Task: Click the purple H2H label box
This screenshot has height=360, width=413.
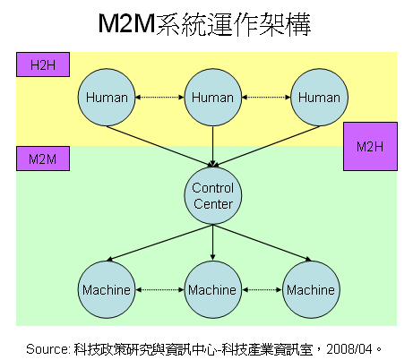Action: (x=43, y=64)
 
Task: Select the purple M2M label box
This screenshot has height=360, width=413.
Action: (x=43, y=159)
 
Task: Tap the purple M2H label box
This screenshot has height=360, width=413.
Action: (x=370, y=146)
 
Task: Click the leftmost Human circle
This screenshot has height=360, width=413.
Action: (x=107, y=98)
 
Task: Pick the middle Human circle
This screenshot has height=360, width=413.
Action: (x=213, y=98)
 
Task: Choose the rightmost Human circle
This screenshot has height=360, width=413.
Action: (x=319, y=98)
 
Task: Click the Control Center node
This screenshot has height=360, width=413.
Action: (x=213, y=196)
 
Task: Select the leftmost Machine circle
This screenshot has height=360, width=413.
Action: (x=107, y=289)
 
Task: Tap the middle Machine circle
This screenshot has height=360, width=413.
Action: (x=213, y=289)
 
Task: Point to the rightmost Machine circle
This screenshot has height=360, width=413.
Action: (x=311, y=289)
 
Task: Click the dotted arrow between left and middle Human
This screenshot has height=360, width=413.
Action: (x=159, y=98)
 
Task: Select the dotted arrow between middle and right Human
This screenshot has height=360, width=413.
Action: (x=266, y=98)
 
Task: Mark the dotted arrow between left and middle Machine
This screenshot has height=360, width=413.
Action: (x=159, y=289)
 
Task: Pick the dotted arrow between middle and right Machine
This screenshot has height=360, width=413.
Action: (x=262, y=289)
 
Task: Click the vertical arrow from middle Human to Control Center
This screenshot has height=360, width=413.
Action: (x=213, y=146)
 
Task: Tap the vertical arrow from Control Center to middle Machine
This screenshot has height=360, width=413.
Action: (x=213, y=243)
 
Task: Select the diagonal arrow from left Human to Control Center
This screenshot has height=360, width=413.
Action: (x=159, y=146)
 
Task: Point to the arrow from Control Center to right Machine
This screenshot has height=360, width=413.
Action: (x=262, y=243)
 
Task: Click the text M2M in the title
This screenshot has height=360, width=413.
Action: (x=126, y=23)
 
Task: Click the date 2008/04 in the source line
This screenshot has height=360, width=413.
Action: (x=349, y=349)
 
